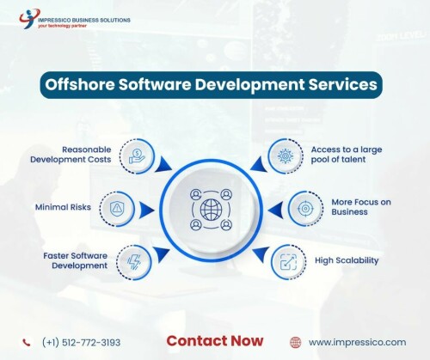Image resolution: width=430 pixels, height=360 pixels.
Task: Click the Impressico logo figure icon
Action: click(x=29, y=18)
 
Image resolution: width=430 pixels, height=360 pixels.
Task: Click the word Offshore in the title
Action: click(x=80, y=85)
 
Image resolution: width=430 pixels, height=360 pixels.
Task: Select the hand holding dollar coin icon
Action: click(x=137, y=157)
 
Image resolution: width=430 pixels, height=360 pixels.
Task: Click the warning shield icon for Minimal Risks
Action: click(x=116, y=209)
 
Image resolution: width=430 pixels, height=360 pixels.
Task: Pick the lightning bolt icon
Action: click(x=134, y=262)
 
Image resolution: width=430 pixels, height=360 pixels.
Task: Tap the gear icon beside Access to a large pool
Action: click(x=285, y=156)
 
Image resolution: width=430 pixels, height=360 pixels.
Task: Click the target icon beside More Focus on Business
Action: click(x=305, y=209)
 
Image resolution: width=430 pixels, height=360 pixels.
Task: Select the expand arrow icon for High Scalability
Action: click(x=288, y=262)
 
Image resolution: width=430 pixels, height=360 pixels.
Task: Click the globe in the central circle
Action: click(x=212, y=210)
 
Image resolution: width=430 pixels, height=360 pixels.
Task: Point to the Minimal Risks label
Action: click(x=63, y=207)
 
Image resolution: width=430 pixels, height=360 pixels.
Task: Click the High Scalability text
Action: click(x=347, y=260)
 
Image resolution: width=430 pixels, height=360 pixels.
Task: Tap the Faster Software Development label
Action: click(x=76, y=260)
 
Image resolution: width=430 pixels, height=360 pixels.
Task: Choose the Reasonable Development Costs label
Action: click(x=71, y=155)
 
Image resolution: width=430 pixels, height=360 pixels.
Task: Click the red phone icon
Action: click(x=27, y=342)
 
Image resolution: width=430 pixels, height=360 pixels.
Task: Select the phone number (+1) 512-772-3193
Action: click(x=81, y=343)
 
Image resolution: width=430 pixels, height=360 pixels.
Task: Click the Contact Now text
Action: click(x=215, y=341)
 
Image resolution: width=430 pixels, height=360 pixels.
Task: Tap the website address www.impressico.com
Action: click(x=357, y=343)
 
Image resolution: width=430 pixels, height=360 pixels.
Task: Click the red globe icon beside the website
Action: click(x=296, y=342)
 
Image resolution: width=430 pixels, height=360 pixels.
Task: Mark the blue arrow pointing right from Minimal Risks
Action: click(x=146, y=210)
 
